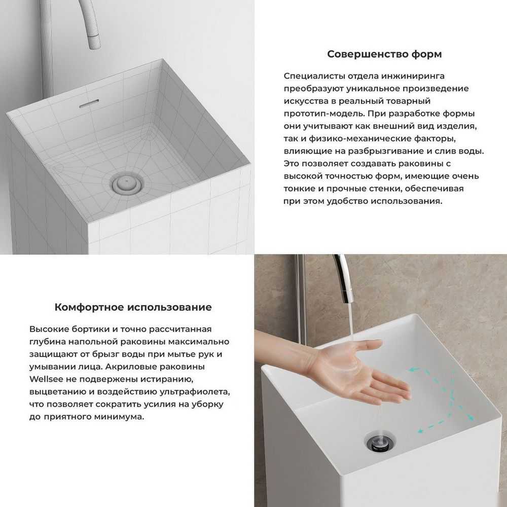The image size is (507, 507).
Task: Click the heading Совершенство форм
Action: [384, 54]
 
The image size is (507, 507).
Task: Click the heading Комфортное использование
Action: [133, 307]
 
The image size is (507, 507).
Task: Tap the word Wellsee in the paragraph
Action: [45, 379]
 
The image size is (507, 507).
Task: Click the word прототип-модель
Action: [324, 114]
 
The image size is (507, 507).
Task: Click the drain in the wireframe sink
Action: [126, 184]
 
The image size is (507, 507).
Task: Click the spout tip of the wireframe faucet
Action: [95, 45]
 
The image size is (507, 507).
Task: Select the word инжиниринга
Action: [413, 77]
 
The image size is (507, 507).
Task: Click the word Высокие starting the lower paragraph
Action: [49, 329]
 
